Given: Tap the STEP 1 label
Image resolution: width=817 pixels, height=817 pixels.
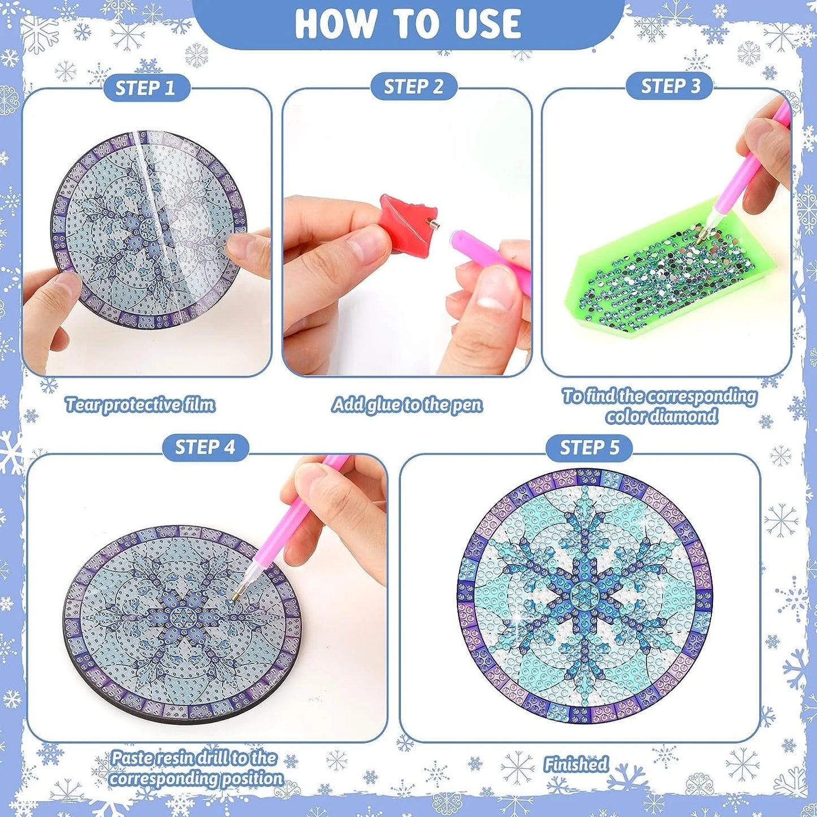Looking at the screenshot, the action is (x=145, y=89).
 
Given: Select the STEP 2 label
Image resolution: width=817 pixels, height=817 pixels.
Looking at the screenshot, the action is (x=413, y=87).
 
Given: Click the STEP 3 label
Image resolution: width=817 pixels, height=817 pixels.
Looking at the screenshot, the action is (x=670, y=86).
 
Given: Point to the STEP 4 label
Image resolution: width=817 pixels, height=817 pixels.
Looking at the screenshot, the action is (x=205, y=447).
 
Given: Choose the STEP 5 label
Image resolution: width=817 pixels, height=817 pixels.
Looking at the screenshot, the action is (x=589, y=447).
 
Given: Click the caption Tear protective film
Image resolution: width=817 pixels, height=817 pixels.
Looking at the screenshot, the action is (x=140, y=405).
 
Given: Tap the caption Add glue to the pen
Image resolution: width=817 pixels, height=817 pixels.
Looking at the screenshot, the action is (x=407, y=405).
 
